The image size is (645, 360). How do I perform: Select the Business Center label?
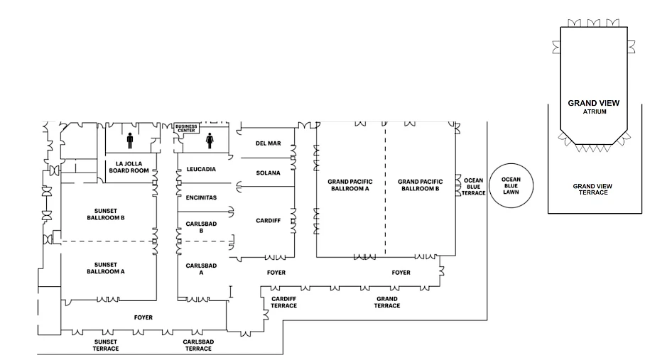(186, 129)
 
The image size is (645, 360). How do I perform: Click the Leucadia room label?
(201, 170)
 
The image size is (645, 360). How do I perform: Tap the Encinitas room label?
(201, 197)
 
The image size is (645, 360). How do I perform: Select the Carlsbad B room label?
(195, 227)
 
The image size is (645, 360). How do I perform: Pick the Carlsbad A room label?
(195, 268)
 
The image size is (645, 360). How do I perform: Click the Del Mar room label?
(269, 143)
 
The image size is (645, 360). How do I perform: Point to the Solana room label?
(269, 173)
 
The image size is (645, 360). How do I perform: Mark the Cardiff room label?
(269, 221)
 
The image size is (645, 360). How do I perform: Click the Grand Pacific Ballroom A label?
(349, 185)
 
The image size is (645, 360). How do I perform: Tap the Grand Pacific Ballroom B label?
(419, 185)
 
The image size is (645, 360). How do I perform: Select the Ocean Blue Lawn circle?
(511, 186)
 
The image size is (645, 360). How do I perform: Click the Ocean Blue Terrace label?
(474, 187)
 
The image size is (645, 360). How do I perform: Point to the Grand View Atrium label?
(593, 107)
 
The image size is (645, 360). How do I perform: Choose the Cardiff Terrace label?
(284, 302)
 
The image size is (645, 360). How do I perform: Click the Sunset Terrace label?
(106, 345)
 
